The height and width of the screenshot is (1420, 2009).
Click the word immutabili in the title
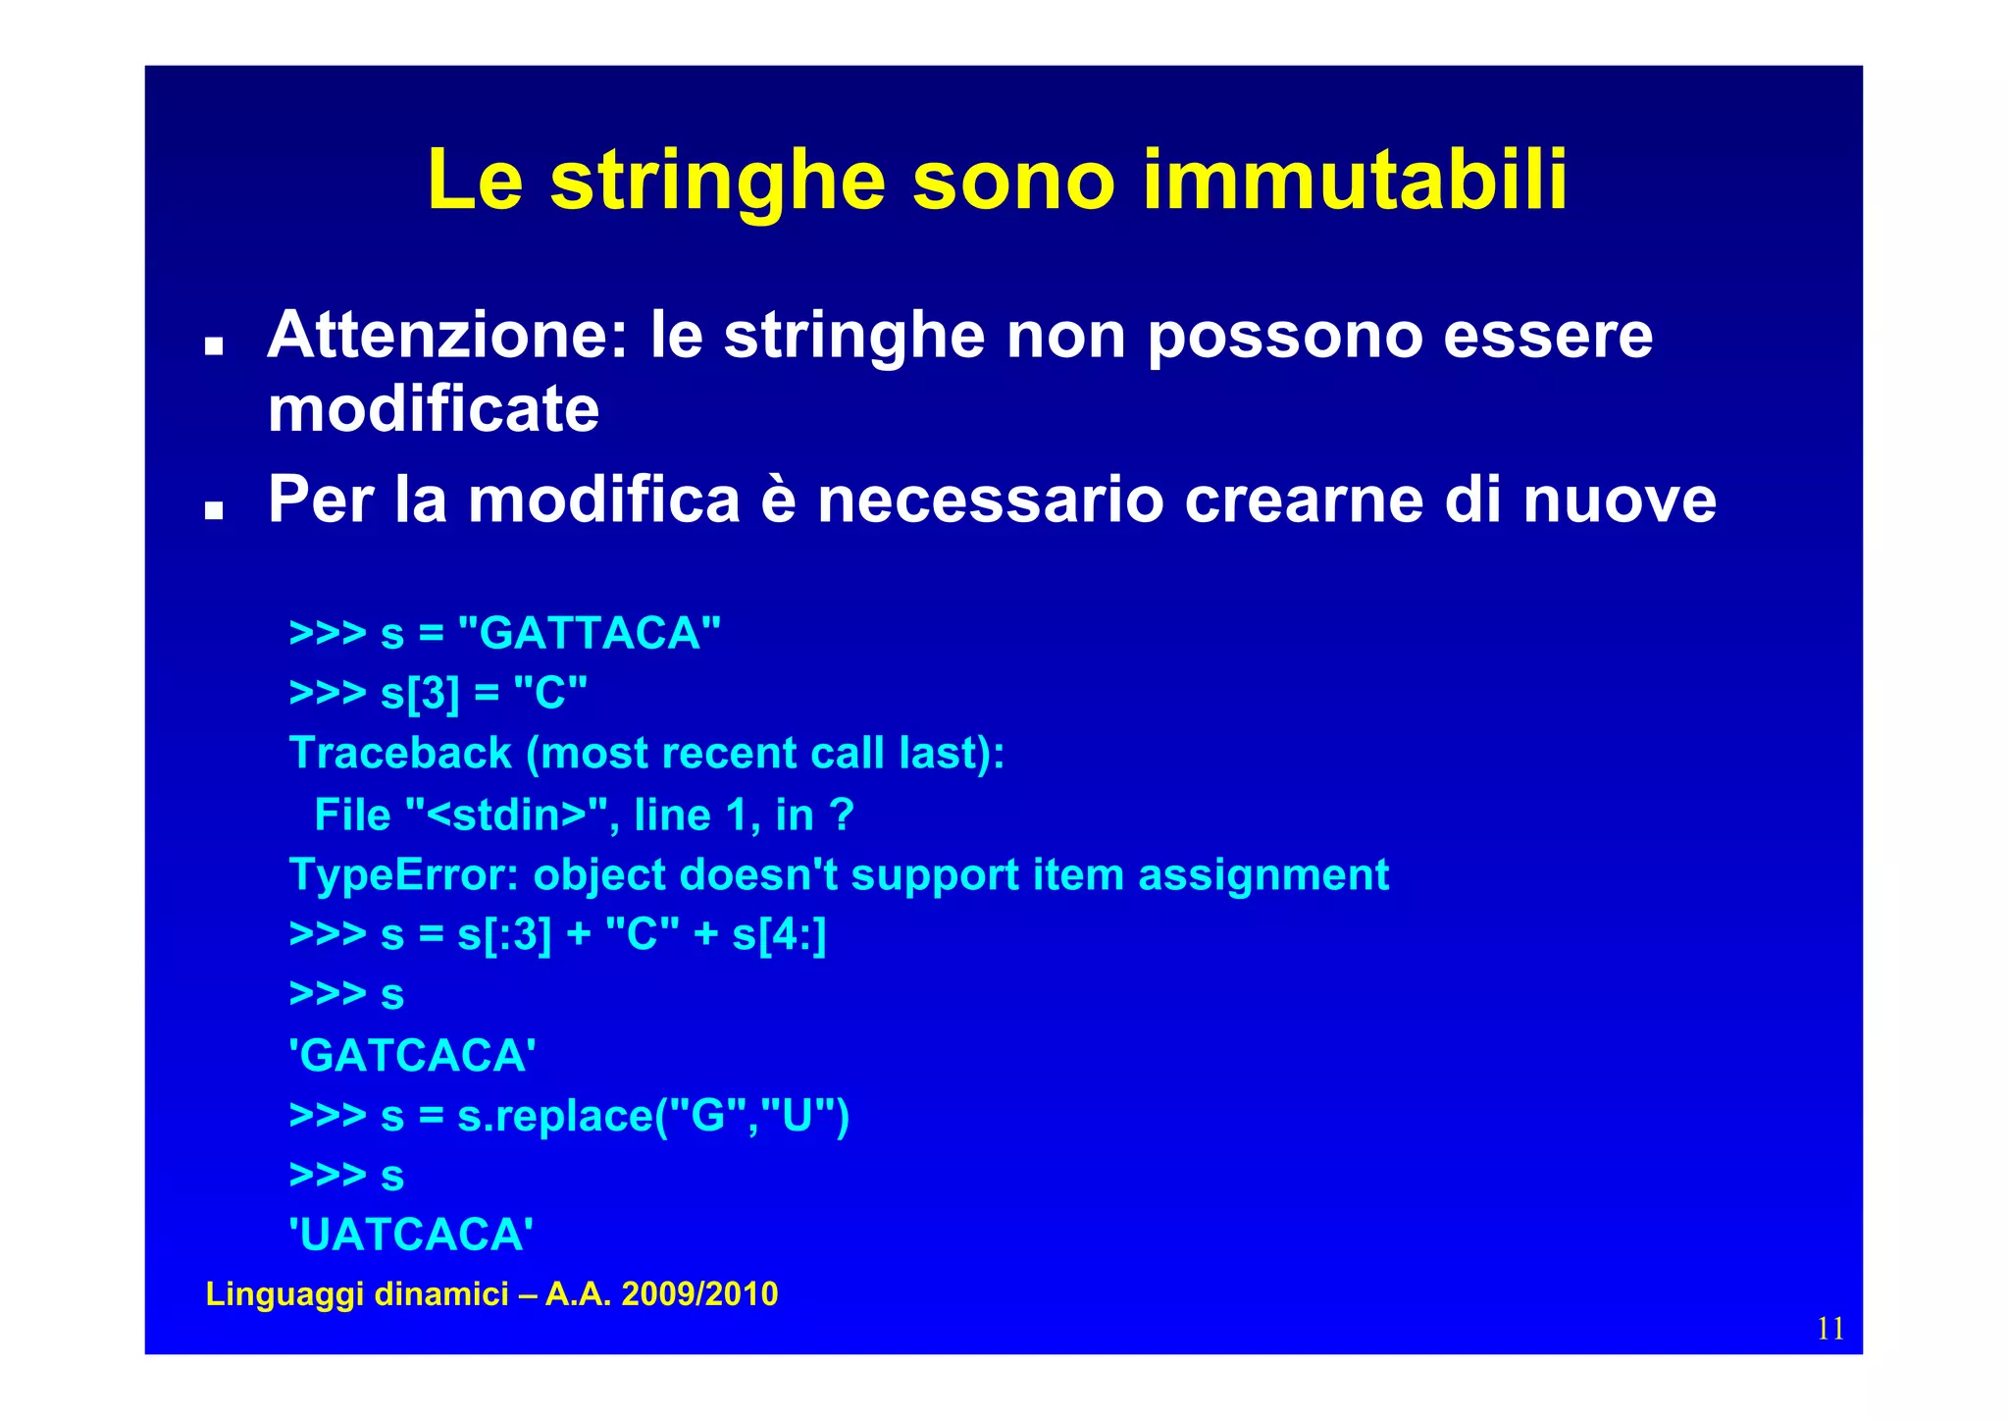[1355, 181]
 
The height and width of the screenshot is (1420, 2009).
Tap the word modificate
[433, 409]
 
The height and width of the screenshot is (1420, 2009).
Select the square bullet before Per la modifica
[213, 510]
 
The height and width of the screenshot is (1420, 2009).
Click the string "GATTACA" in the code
[589, 633]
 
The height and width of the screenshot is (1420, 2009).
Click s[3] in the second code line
[420, 694]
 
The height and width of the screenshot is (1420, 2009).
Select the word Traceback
[400, 754]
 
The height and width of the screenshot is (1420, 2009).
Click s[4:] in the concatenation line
[779, 935]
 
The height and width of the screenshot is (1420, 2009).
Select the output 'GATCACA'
[412, 1056]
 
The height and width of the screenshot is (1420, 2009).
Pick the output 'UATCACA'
[411, 1235]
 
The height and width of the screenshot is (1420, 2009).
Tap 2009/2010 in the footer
[699, 1294]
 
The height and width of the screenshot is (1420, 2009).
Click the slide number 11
[1829, 1329]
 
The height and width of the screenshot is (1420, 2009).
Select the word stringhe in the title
[717, 181]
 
